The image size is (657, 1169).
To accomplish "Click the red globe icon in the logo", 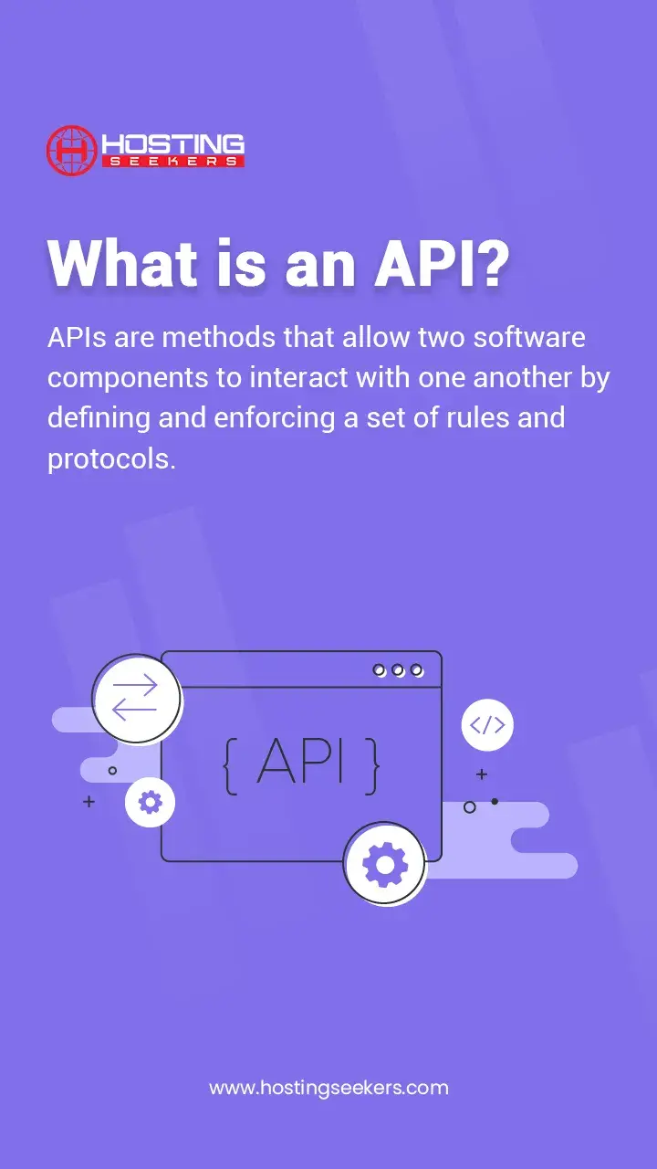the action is [71, 151].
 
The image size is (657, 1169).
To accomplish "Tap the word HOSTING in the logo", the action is [173, 143].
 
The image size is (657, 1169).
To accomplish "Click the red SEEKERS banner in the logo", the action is [173, 162].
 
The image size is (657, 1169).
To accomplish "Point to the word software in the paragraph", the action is [529, 338].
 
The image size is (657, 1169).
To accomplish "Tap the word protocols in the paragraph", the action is [111, 458].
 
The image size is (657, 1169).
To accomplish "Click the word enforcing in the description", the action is [275, 418].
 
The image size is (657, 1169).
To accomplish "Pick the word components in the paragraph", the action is [129, 379].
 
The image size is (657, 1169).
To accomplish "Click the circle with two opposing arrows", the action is [137, 699].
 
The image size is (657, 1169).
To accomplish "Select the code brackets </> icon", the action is [487, 725].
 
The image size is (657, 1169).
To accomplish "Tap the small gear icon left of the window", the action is [151, 802].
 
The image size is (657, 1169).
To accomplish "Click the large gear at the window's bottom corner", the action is [385, 865].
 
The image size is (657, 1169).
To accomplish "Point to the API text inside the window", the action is [301, 763].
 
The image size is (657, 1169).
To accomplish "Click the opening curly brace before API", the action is [231, 766].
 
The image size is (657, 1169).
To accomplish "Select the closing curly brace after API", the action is [372, 766].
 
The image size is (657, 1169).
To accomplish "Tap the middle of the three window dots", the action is [398, 670].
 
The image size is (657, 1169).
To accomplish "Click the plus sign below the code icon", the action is [482, 774].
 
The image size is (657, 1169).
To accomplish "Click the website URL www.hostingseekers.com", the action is [329, 1088].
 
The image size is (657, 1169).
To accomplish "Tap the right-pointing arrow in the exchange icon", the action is [135, 685].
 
